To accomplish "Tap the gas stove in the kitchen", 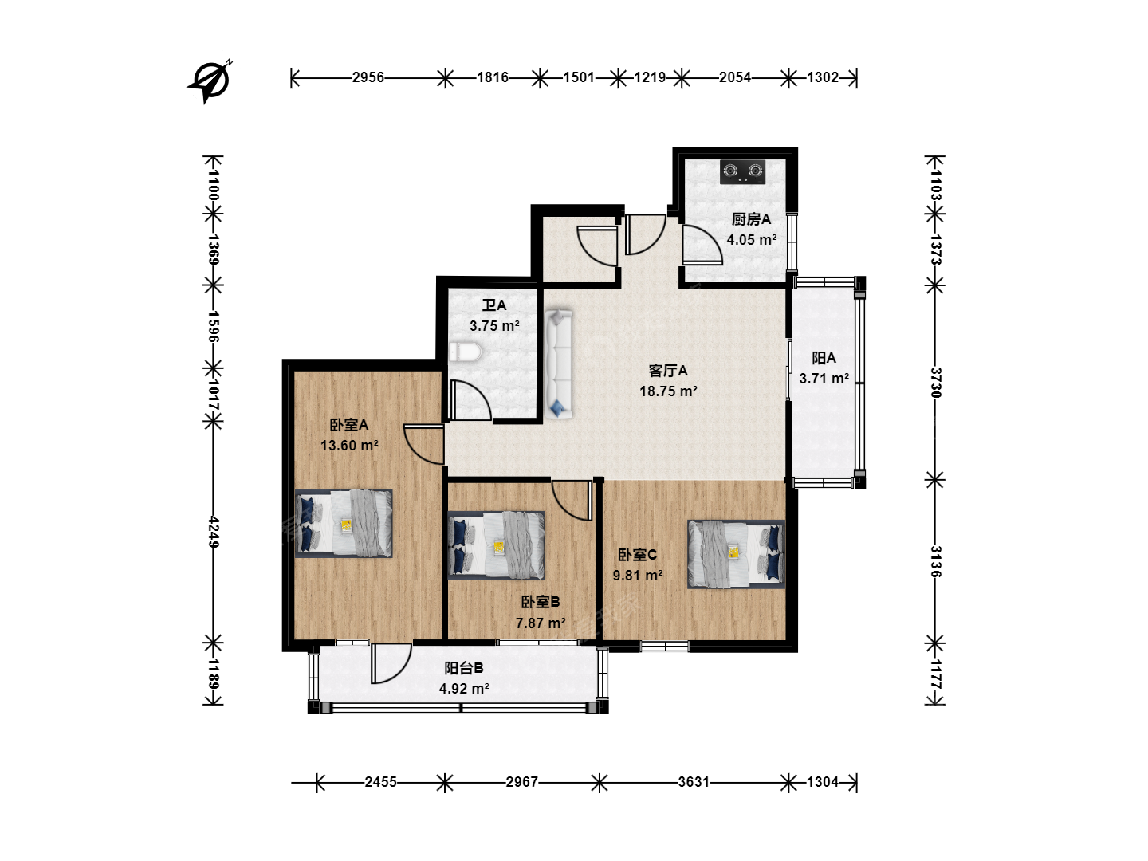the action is click(x=742, y=172).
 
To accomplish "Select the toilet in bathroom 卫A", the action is click(x=465, y=352).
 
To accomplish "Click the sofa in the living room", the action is click(x=559, y=364).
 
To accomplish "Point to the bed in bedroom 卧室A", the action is click(x=344, y=523).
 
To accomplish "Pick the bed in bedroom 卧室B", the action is click(x=497, y=545).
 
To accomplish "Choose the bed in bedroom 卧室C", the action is click(x=737, y=554).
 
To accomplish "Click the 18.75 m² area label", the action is click(x=668, y=391).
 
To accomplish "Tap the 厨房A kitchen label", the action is click(x=751, y=219).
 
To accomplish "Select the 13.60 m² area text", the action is click(x=349, y=446).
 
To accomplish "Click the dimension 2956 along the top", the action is click(x=368, y=77).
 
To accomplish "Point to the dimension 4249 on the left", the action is click(x=214, y=532).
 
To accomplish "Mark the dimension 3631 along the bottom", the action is click(x=694, y=782).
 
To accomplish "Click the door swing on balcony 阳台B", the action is click(x=391, y=662).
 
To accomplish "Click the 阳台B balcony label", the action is click(x=463, y=667).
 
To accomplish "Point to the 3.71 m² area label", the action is click(x=824, y=379).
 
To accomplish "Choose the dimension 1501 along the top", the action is click(x=579, y=77).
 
